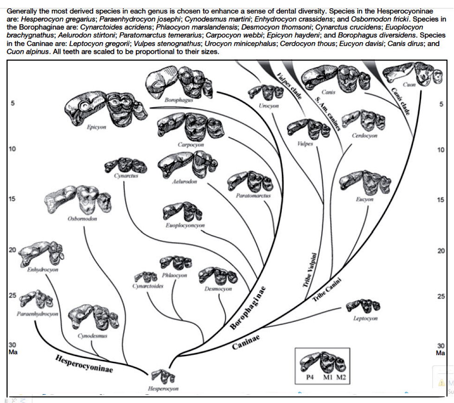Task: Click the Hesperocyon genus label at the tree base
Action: (163, 389)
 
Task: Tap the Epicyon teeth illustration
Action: (105, 106)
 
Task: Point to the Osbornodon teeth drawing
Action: (78, 200)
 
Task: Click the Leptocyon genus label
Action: (365, 319)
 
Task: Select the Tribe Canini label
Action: (327, 290)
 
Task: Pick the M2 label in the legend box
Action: (341, 377)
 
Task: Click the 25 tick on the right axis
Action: (441, 296)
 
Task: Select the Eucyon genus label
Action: (364, 199)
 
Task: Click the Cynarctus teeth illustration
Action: (125, 165)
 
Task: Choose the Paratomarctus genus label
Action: (253, 196)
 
